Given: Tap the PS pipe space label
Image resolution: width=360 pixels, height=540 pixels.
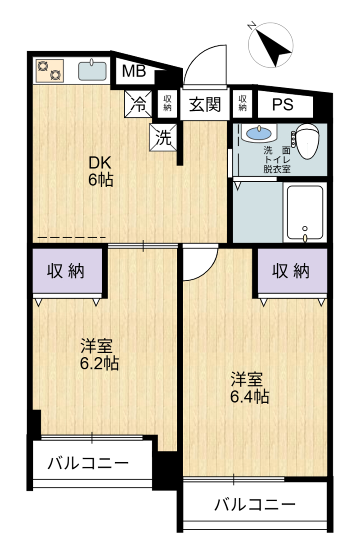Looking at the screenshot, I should pos(283,104).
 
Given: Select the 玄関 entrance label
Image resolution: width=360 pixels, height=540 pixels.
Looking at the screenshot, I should pos(205,104).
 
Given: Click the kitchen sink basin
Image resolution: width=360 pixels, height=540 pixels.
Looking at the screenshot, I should pos(92,71).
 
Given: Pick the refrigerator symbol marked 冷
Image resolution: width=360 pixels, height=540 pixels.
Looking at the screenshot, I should pos(138,104).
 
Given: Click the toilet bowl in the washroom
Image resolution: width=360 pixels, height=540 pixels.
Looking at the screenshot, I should pos(308,140).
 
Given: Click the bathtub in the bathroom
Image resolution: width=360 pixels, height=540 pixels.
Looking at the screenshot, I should pos(305,212).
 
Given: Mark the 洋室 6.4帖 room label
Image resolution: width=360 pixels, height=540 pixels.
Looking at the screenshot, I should pos(250,388).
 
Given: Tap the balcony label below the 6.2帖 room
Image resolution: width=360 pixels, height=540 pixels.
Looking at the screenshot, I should pos(89,462).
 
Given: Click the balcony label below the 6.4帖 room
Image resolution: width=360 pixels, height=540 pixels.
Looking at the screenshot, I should pos(254,504).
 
